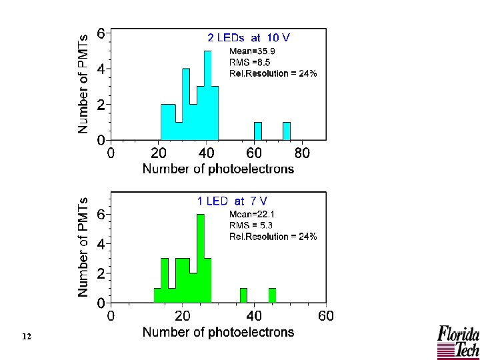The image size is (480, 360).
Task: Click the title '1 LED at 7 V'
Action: click(x=232, y=200)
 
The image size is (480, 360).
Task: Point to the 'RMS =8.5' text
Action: click(x=249, y=62)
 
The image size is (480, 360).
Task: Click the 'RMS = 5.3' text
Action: click(x=251, y=225)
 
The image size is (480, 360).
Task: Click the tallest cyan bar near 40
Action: click(x=207, y=97)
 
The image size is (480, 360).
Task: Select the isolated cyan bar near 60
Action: click(x=258, y=131)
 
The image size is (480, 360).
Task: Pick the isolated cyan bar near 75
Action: click(x=287, y=131)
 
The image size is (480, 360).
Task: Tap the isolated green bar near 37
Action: click(x=243, y=295)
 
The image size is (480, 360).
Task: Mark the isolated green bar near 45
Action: click(x=272, y=295)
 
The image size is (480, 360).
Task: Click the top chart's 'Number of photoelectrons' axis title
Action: click(x=218, y=169)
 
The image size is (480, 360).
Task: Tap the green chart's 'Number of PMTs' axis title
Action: click(x=83, y=247)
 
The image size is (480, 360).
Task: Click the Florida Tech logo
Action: click(x=458, y=342)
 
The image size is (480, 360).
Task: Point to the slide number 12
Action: click(x=27, y=336)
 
